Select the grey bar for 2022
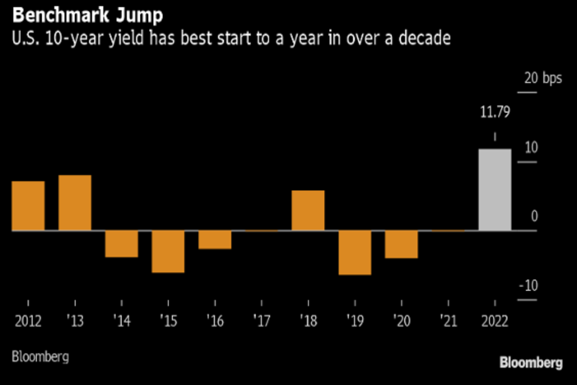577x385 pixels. [x=495, y=190]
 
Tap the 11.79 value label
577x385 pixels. [x=495, y=113]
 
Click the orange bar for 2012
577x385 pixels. [x=28, y=206]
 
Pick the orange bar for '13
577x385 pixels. [x=75, y=203]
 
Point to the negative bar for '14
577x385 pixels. [x=122, y=244]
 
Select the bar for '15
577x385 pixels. [x=168, y=251]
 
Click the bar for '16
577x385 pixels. [x=215, y=240]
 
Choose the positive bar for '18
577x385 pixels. [x=308, y=210]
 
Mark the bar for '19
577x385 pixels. [x=355, y=253]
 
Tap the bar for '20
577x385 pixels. [x=401, y=244]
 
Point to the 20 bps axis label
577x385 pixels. [x=542, y=78]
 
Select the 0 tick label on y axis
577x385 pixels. [x=534, y=217]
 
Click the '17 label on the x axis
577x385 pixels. [x=262, y=321]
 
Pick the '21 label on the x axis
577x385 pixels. [x=448, y=321]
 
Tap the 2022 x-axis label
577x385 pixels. [x=495, y=321]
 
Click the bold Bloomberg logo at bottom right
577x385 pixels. [x=530, y=363]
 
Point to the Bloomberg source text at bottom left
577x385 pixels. [x=40, y=357]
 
